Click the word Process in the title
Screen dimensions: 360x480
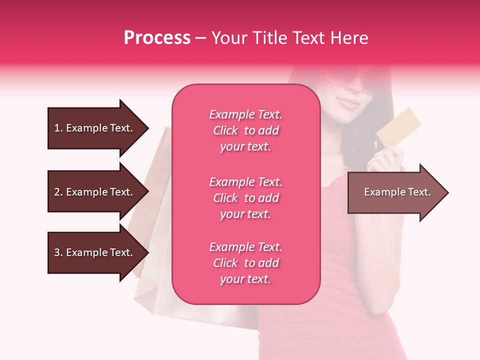(x=157, y=38)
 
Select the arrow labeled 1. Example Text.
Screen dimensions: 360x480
(x=95, y=128)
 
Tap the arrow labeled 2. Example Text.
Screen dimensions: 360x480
(x=95, y=192)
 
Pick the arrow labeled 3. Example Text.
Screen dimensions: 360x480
(x=95, y=252)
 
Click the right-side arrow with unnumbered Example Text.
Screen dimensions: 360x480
(x=395, y=192)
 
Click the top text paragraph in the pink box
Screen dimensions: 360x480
(x=245, y=130)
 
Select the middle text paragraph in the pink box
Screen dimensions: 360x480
(x=245, y=198)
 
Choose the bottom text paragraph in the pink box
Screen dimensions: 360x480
(x=245, y=263)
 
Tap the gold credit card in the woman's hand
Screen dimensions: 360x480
(x=398, y=127)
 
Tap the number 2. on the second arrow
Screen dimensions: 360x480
(x=58, y=192)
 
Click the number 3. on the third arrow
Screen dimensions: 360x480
(x=58, y=252)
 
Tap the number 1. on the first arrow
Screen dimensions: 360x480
(x=58, y=128)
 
